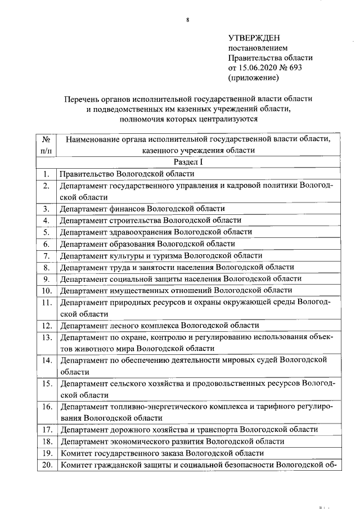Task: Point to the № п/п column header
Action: click(x=47, y=144)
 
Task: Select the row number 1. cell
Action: click(x=47, y=174)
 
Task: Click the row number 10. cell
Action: click(x=47, y=290)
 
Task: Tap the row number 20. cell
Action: click(x=47, y=465)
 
